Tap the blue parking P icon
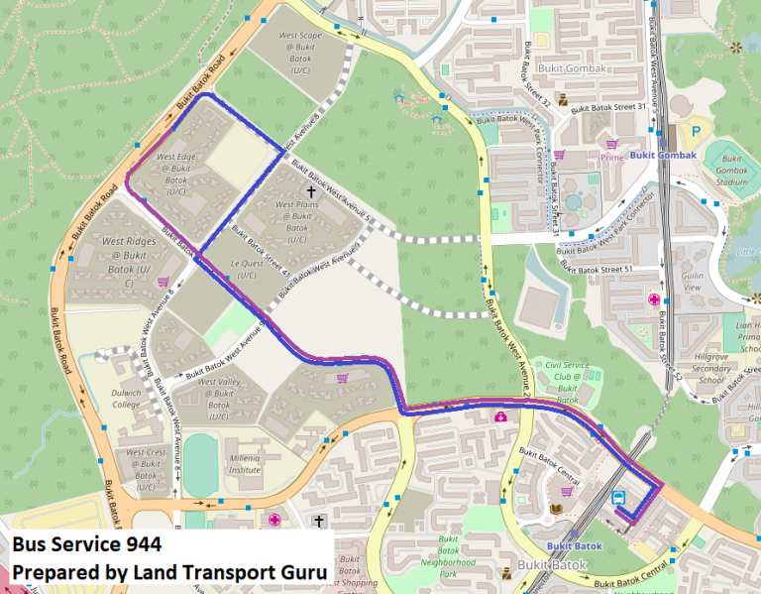click(695, 131)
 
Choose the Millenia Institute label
click(230, 464)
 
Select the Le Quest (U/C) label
click(244, 270)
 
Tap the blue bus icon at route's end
click(618, 498)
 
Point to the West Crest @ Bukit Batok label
click(147, 469)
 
